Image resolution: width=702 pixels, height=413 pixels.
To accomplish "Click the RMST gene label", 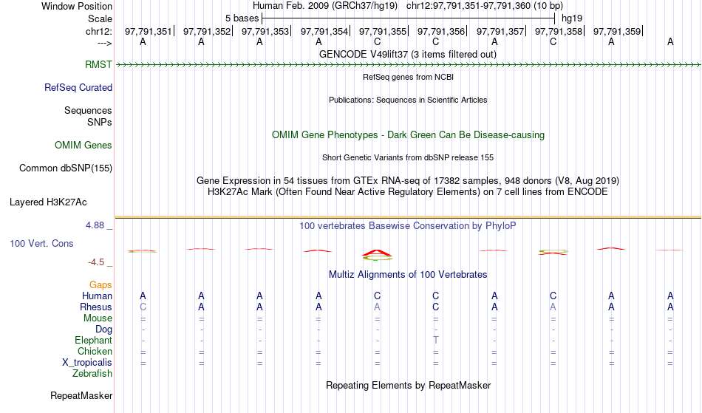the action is tap(98, 64).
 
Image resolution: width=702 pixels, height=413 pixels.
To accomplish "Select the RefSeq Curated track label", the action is tap(78, 87).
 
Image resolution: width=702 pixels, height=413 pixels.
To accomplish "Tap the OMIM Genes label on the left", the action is tap(84, 145).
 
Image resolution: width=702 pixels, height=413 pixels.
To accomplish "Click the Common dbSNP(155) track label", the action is tap(66, 168).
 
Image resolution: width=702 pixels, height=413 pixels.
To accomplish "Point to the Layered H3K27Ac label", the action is tap(48, 202).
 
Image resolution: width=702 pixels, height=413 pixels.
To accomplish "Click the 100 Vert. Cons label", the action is tap(41, 243).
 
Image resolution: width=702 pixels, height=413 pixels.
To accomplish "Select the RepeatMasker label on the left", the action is tap(81, 395).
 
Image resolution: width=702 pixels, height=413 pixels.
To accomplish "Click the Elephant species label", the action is tap(94, 340).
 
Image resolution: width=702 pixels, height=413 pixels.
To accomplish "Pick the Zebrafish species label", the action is tap(92, 373).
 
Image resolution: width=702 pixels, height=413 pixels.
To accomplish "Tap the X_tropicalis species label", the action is tap(87, 363).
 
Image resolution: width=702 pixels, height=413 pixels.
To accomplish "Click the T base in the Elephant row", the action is tap(436, 340).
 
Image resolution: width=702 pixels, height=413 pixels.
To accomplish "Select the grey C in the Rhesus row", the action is tap(143, 307).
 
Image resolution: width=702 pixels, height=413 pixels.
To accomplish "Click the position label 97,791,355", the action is tap(383, 31).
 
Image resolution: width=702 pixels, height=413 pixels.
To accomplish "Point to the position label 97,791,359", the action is tap(617, 31).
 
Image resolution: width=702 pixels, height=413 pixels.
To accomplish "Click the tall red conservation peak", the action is tap(377, 253).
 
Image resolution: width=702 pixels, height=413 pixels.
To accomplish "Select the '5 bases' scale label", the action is tap(242, 18).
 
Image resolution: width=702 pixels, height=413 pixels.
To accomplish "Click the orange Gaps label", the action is tap(100, 284).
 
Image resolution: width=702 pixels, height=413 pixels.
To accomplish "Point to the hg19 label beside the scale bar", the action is tap(572, 18).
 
